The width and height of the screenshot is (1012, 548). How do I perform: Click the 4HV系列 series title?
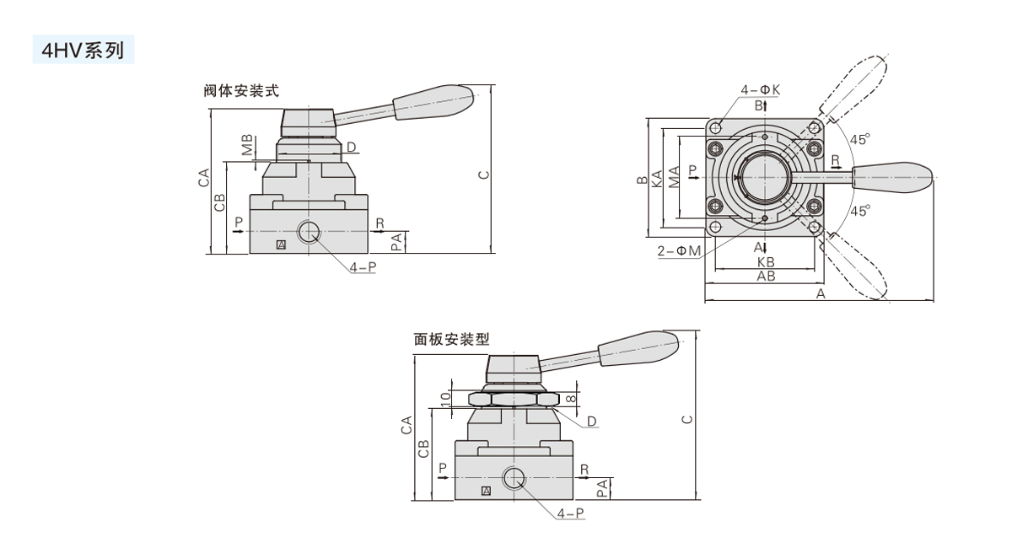coord(82,50)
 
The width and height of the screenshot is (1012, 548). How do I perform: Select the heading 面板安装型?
coord(451,339)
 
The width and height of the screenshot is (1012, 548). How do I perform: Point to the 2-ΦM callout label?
coord(680,251)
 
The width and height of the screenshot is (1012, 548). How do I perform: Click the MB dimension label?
coord(246,144)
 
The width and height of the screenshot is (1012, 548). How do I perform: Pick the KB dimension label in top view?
coord(766,262)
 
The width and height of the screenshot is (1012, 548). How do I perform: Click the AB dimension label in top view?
coord(766,276)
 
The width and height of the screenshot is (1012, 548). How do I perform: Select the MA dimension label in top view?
coord(675,176)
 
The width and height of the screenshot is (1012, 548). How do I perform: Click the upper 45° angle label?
coord(860,139)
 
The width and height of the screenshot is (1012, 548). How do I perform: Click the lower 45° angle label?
coord(860,211)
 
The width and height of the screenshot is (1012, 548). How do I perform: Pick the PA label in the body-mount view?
coord(396,242)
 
